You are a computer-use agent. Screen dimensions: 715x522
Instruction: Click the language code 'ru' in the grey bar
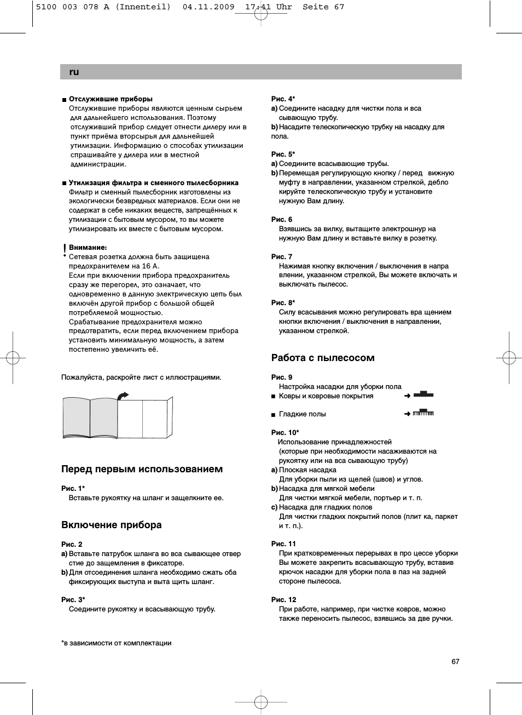(74, 72)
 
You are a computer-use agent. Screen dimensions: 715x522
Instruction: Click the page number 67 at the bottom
(455, 661)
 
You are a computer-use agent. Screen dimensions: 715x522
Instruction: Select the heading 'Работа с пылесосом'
(323, 358)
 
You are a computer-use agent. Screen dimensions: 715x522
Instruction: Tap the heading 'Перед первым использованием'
(142, 469)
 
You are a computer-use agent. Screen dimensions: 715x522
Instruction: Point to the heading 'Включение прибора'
(112, 525)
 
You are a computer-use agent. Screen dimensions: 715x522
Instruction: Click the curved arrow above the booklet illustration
(123, 395)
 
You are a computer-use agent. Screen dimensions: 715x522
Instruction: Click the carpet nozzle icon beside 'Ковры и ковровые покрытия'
(423, 394)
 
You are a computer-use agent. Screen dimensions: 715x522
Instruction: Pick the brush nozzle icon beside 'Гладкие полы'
(423, 413)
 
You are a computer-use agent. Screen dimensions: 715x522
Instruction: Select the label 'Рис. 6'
(282, 219)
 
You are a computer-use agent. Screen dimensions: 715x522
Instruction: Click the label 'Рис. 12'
(283, 599)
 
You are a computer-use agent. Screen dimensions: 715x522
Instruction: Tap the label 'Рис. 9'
(282, 377)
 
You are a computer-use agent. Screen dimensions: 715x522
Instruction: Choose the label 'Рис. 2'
(72, 544)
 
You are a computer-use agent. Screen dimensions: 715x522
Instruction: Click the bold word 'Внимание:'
(88, 248)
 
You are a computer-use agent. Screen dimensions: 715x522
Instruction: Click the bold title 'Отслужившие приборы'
(111, 99)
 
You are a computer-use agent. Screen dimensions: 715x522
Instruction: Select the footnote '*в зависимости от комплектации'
(117, 643)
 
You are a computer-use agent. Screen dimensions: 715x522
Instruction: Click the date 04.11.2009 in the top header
(208, 7)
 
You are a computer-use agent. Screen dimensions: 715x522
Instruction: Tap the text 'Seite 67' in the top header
(323, 7)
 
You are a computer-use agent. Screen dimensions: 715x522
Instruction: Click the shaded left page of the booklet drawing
(77, 418)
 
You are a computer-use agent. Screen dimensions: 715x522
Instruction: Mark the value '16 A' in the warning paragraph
(150, 266)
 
